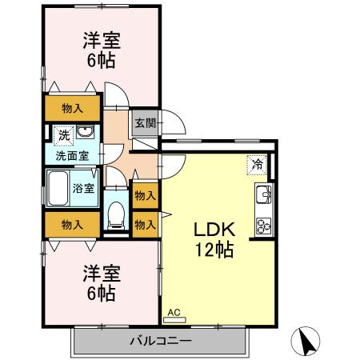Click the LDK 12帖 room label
coord(211,238)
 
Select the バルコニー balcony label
coord(160,342)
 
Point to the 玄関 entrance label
coord(145,123)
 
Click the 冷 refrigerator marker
coord(258,164)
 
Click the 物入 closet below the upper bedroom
coord(72,107)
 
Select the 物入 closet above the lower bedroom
coord(72,226)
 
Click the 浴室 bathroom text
coord(83,189)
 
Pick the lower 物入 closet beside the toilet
coord(145,225)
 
